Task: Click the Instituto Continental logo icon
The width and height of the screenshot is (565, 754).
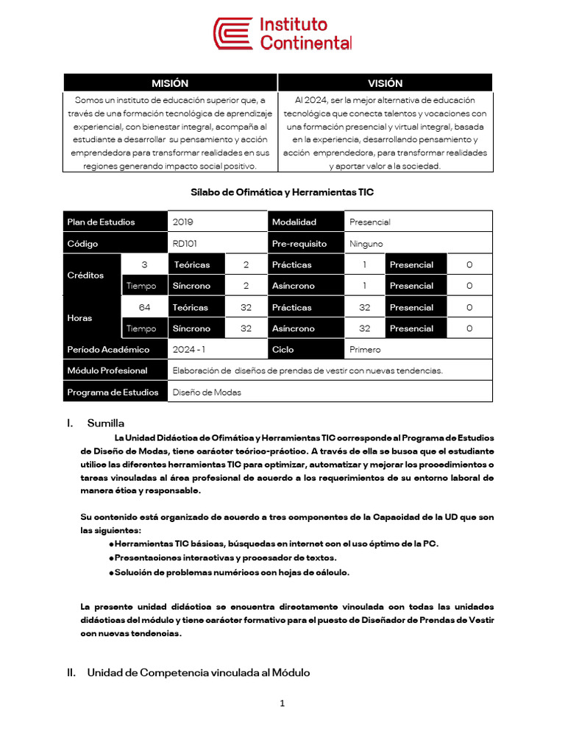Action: (232, 35)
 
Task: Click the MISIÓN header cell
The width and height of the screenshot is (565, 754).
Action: (170, 83)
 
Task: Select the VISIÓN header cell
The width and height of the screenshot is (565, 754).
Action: (385, 83)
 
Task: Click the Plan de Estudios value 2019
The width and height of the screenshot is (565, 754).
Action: (183, 222)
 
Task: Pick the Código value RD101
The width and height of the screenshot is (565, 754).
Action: (185, 243)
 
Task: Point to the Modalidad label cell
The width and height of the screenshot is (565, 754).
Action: (294, 222)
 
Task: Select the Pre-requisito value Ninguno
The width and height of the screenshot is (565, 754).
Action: (366, 243)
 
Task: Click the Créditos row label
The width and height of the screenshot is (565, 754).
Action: (85, 275)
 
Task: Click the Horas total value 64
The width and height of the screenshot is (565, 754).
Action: (144, 307)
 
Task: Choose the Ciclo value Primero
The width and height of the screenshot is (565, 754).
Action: (366, 349)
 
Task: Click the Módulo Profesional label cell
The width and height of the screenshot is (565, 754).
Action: (107, 370)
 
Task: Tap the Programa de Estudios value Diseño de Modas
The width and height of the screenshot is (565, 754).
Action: (207, 392)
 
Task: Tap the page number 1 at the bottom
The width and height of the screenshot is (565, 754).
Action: (282, 703)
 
